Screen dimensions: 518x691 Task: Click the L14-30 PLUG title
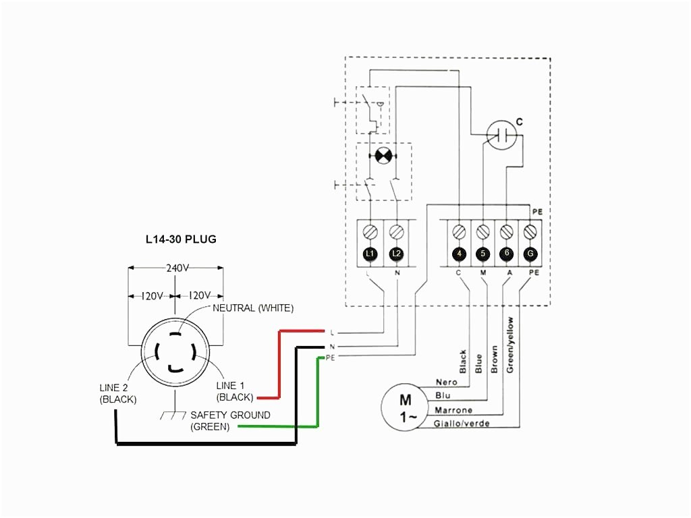click(x=181, y=239)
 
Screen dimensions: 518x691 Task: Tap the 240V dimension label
click(x=176, y=267)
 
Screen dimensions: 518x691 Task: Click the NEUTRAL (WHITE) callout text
click(x=253, y=308)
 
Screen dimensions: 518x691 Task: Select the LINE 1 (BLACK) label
click(x=235, y=391)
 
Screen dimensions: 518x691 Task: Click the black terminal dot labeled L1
click(x=369, y=254)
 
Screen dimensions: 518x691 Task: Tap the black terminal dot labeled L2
click(x=396, y=254)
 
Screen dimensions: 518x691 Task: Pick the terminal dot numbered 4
click(x=459, y=254)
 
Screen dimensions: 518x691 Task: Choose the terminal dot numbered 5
click(x=483, y=254)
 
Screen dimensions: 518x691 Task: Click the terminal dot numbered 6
click(x=507, y=254)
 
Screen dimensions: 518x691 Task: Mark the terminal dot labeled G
click(x=530, y=254)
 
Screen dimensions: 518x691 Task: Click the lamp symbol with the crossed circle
click(x=383, y=156)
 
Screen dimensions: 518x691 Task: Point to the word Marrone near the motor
click(x=453, y=410)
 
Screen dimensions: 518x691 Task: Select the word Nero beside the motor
click(x=447, y=382)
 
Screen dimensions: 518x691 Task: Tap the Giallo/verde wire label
click(x=462, y=424)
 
